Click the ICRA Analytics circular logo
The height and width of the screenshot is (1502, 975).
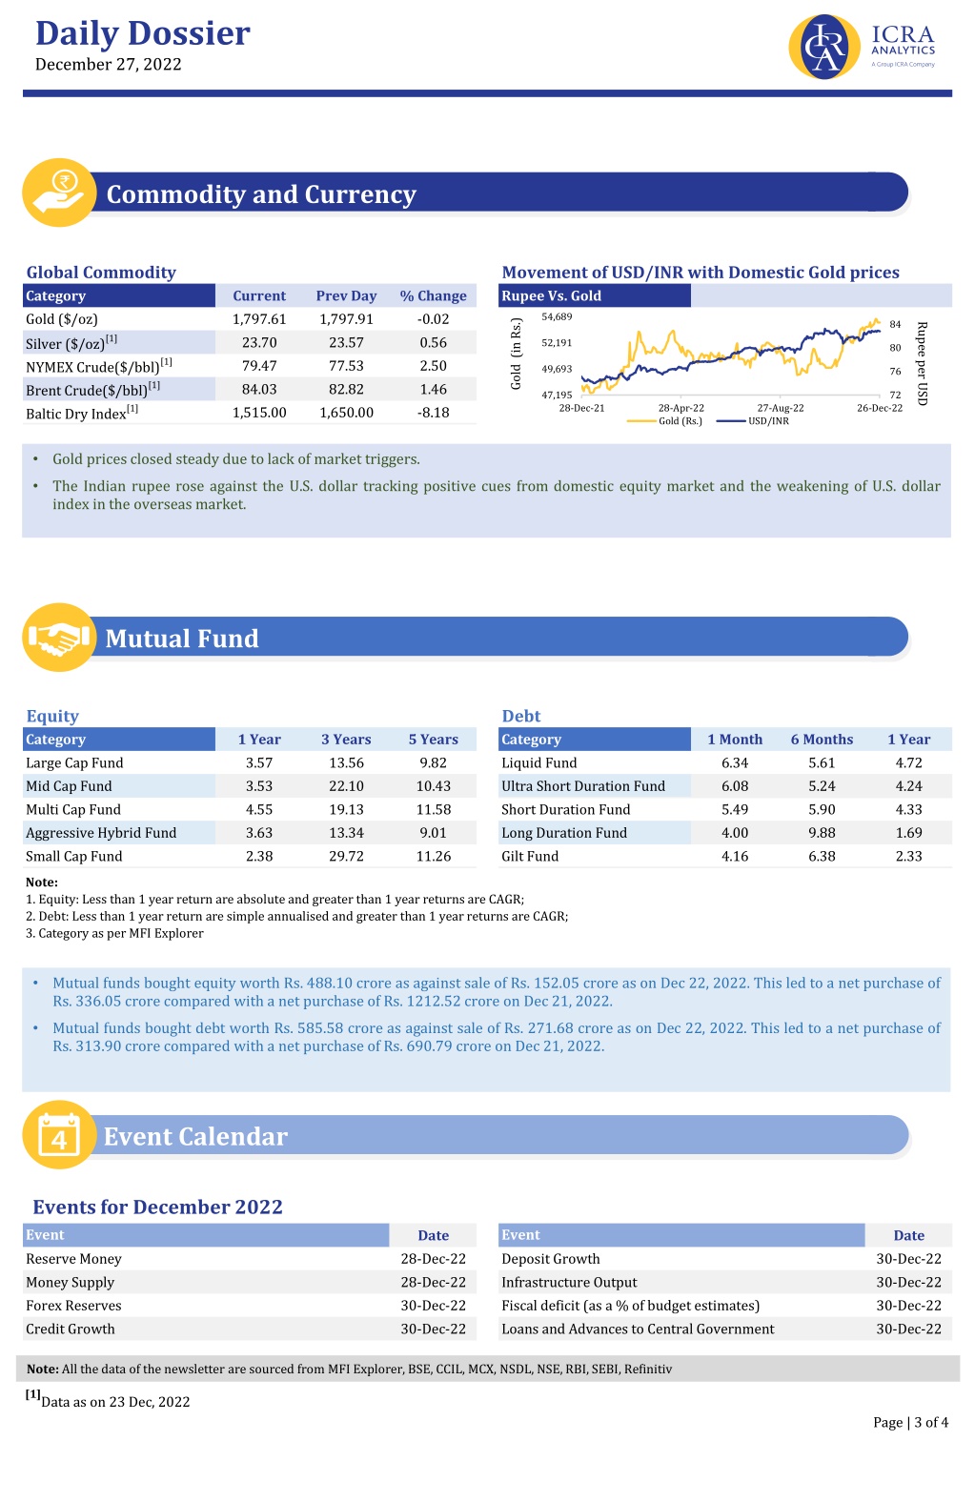click(x=823, y=47)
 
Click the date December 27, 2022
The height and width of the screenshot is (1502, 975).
click(x=108, y=65)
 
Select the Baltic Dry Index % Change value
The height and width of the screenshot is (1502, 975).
click(x=434, y=413)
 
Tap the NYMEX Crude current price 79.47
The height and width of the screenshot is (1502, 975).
click(x=259, y=365)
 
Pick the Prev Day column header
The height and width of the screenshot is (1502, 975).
click(x=346, y=295)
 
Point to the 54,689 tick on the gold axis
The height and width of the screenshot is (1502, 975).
click(x=557, y=316)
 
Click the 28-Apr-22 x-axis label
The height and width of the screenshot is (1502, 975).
click(x=681, y=408)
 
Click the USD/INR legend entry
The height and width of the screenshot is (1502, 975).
click(x=752, y=421)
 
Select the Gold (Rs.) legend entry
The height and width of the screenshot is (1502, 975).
click(x=664, y=421)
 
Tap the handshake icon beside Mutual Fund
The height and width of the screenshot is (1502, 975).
click(x=59, y=637)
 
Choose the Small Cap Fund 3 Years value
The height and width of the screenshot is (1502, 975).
click(x=346, y=856)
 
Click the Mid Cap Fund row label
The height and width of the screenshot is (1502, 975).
click(x=69, y=786)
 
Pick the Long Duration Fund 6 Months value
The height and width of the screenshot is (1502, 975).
click(x=822, y=833)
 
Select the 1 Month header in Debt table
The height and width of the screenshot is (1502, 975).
click(x=735, y=739)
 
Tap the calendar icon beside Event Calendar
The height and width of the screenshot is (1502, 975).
click(x=59, y=1135)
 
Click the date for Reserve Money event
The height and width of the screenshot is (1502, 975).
click(x=434, y=1259)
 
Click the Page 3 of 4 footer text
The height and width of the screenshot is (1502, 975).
click(x=910, y=1422)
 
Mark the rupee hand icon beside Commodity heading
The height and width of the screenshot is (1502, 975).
click(x=59, y=193)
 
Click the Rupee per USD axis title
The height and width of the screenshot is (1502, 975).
click(x=922, y=363)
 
